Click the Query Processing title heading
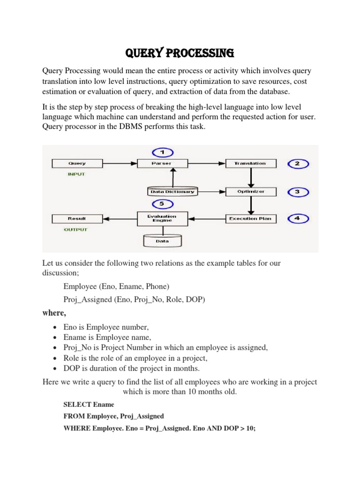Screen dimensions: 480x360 coord(180,53)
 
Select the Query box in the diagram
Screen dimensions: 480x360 coord(77,164)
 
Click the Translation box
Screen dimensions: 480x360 coord(251,164)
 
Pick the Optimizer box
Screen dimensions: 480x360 coord(251,191)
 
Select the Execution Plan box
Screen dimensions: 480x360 coord(251,218)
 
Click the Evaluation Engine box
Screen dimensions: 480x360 coord(162,218)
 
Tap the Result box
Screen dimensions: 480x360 coord(77,218)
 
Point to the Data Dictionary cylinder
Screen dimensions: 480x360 coord(172,192)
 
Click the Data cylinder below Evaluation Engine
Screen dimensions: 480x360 coord(162,241)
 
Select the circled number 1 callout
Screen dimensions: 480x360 coord(162,152)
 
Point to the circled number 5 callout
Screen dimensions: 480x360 coord(162,204)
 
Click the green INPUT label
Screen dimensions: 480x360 coord(77,174)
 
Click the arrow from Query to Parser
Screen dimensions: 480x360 coord(120,164)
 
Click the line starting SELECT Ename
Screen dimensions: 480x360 coord(89,405)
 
